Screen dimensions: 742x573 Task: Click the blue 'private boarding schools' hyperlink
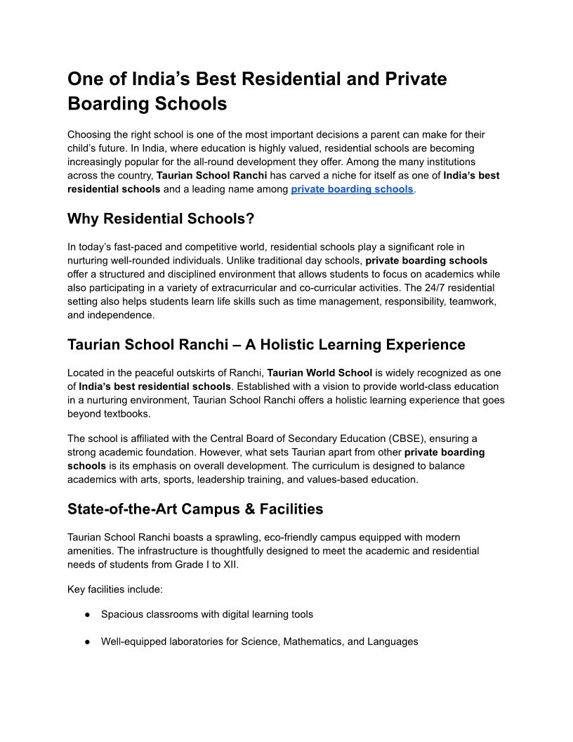pyautogui.click(x=352, y=189)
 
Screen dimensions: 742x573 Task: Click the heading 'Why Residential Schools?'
pyautogui.click(x=161, y=219)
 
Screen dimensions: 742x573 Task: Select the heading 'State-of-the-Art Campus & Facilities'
pyautogui.click(x=195, y=508)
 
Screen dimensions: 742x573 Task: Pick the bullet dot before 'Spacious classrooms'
pyautogui.click(x=88, y=614)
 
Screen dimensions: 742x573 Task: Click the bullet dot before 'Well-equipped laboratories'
pyautogui.click(x=88, y=642)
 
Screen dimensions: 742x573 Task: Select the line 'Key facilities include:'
pyautogui.click(x=115, y=589)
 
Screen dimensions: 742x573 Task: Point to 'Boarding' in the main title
pyautogui.click(x=105, y=103)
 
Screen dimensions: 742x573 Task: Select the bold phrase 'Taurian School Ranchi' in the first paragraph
pyautogui.click(x=202, y=175)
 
